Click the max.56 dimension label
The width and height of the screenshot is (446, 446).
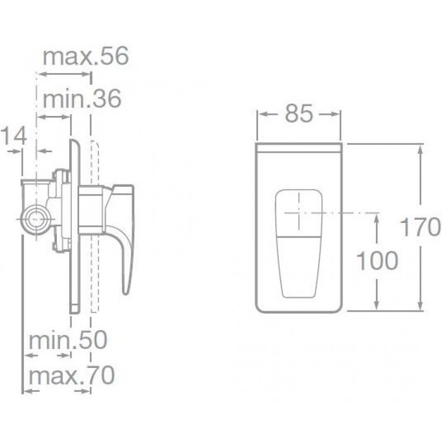coord(86,56)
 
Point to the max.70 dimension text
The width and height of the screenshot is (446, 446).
coord(71,375)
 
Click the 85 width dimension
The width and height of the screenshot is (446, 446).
coord(299,114)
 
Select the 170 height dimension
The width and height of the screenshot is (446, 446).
coord(420,227)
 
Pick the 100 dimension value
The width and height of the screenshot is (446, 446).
coord(377,260)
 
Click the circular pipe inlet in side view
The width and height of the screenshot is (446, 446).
coord(36,219)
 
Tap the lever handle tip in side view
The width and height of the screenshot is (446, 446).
coord(127,290)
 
